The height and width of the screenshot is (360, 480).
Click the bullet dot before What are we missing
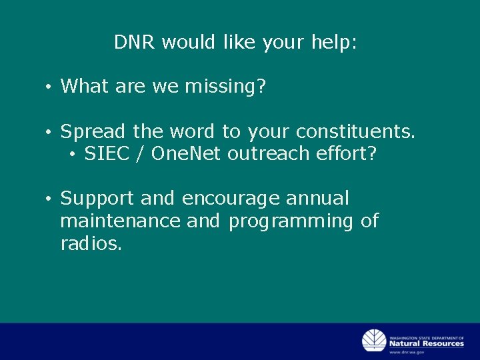49,87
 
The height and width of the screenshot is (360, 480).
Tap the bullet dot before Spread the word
49,133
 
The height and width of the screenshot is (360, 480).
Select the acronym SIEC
107,154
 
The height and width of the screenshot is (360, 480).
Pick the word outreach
266,154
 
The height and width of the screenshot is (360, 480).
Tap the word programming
291,221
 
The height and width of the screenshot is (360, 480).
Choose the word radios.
91,243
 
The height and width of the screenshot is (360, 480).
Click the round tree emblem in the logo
374,341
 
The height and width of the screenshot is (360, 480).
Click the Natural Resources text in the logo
427,343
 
